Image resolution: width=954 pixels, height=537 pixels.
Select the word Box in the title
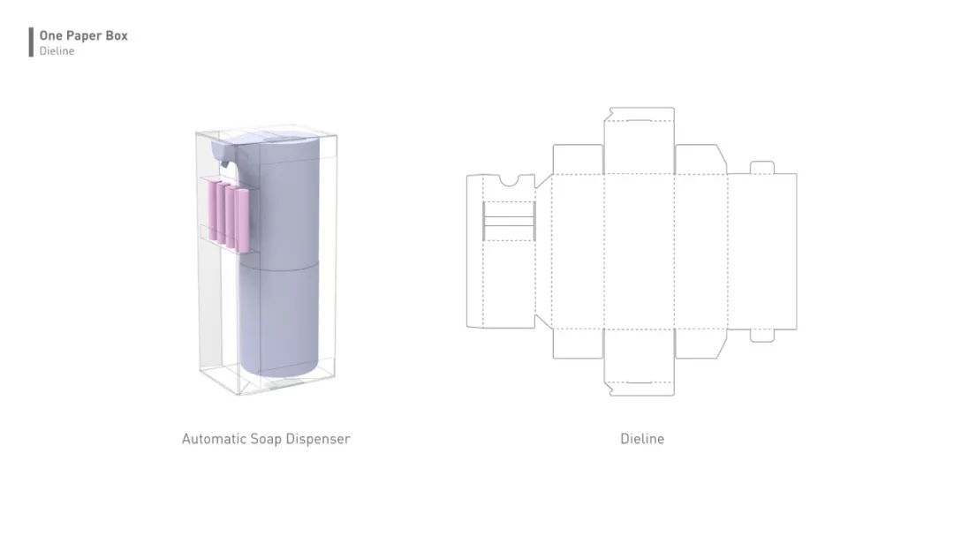pyautogui.click(x=117, y=36)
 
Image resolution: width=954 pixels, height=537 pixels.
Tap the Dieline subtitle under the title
pyautogui.click(x=57, y=51)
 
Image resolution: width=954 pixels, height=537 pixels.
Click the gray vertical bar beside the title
pyautogui.click(x=31, y=42)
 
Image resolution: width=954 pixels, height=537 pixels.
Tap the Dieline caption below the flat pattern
pyautogui.click(x=642, y=438)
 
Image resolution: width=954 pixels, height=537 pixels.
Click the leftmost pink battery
pyautogui.click(x=212, y=210)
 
